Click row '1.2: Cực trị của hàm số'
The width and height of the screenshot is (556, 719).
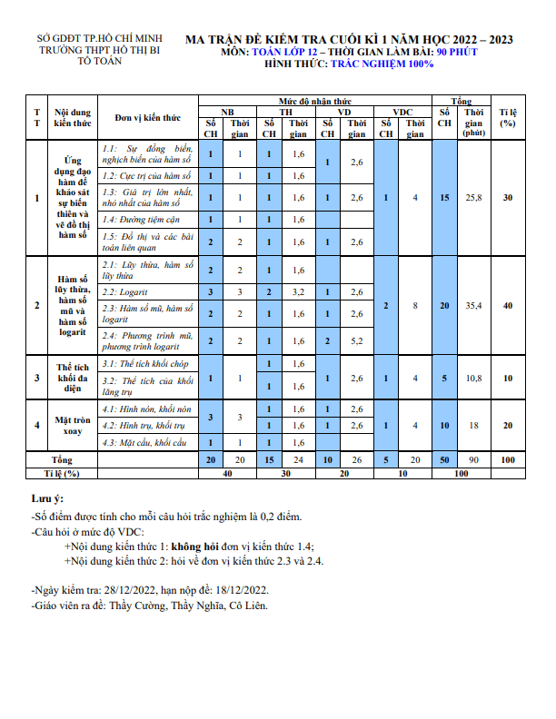[145, 175]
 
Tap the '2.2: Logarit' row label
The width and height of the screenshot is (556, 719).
[125, 291]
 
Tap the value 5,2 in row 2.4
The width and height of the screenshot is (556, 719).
[357, 340]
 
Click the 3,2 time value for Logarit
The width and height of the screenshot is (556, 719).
[298, 291]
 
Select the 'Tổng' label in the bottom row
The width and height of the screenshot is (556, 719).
[62, 459]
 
